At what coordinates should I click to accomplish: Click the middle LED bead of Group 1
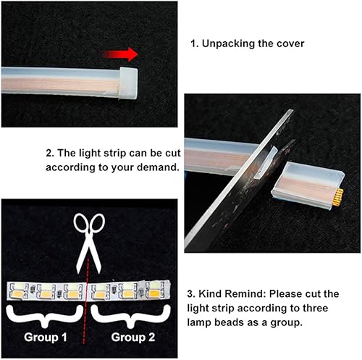point(46,291)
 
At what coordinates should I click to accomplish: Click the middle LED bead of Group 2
point(126,291)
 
